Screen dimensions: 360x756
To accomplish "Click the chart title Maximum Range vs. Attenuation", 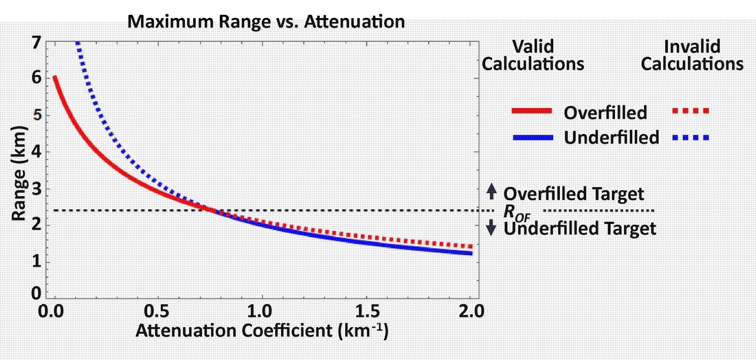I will tap(266, 22).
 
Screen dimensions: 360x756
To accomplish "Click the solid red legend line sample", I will tap(532, 111).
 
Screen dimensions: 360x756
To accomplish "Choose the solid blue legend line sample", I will tap(533, 137).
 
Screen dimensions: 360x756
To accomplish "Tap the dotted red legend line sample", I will tap(691, 111).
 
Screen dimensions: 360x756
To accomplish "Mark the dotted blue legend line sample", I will tap(691, 137).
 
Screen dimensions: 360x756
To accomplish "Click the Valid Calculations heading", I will tap(533, 55).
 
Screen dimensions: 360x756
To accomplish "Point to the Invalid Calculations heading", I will tap(692, 55).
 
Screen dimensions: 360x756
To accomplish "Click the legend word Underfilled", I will tap(611, 137).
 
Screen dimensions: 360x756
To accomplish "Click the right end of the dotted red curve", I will tap(470, 246).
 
